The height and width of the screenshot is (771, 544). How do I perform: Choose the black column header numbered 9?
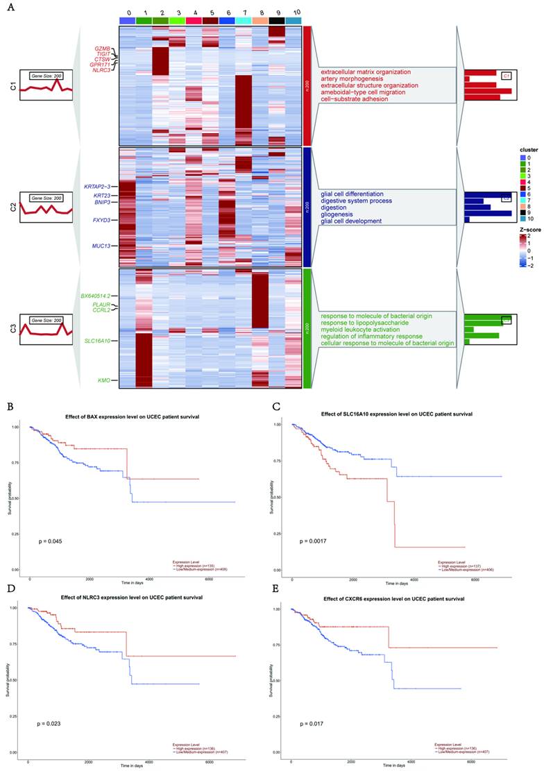[x=276, y=21]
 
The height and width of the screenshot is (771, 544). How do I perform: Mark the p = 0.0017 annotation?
[x=313, y=539]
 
